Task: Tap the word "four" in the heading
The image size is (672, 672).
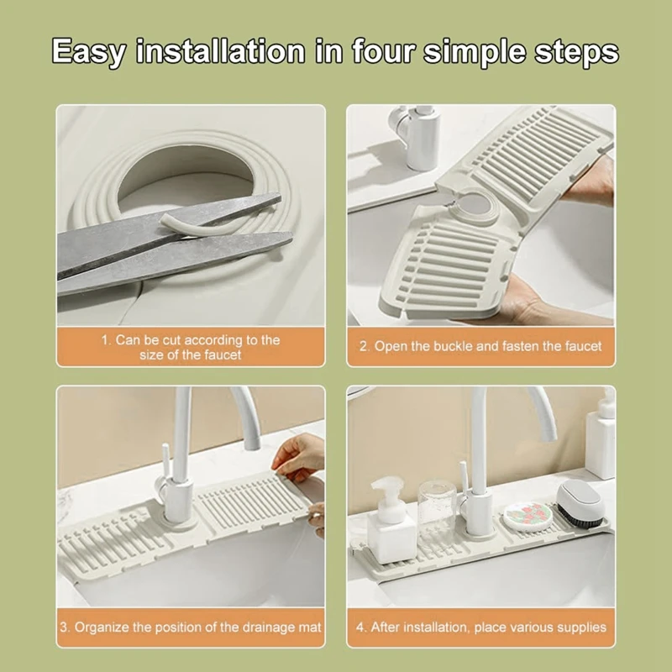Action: (383, 51)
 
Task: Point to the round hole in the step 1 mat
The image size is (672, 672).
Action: (185, 178)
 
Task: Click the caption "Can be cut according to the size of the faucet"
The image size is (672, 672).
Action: (191, 347)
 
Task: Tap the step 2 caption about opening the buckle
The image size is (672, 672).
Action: (480, 346)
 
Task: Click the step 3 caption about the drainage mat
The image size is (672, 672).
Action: (191, 627)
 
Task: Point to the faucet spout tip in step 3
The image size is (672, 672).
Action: (253, 445)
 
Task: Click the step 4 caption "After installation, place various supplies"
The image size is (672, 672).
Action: (480, 627)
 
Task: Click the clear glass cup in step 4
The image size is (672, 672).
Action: (437, 502)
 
